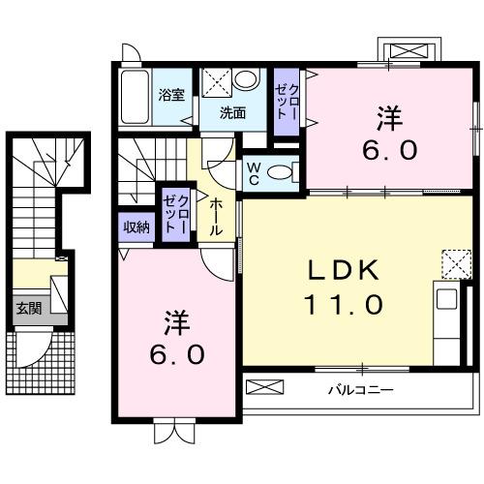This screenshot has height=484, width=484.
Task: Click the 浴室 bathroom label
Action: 172,95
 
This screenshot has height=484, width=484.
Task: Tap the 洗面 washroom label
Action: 231,112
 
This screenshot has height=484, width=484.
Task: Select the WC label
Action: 252,172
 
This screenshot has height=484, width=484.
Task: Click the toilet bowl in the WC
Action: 280,173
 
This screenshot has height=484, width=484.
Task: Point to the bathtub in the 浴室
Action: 135,96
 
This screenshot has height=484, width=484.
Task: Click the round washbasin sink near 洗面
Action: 247,80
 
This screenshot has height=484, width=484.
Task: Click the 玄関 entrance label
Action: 27,309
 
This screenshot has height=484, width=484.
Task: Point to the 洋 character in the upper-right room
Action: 389,117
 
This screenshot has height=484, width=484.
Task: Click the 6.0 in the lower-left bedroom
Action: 176,355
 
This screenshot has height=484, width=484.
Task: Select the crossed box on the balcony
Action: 266,387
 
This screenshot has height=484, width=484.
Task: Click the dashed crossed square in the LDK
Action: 454,262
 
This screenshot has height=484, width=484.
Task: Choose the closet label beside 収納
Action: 175,214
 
